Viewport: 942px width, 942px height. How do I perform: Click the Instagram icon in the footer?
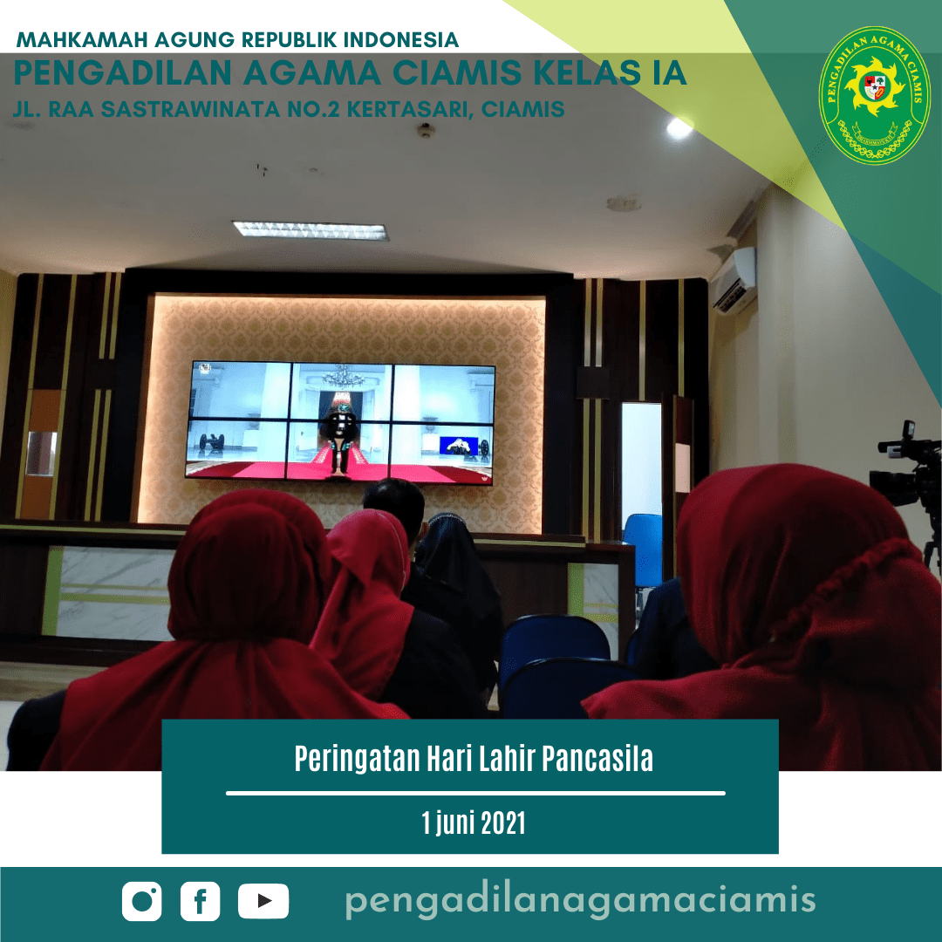point(142,901)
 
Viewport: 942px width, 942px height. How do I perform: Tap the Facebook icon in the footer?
point(200,901)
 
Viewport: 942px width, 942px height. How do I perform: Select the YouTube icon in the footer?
point(263,901)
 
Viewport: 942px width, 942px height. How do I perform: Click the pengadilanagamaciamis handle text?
point(580,899)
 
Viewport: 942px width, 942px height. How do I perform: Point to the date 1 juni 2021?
point(474,823)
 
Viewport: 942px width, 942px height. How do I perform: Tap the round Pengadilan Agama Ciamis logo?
point(875,96)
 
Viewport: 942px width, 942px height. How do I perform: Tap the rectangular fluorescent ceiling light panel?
point(310,230)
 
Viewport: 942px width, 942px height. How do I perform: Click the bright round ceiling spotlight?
point(679,127)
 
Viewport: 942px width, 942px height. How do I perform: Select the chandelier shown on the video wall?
point(343,377)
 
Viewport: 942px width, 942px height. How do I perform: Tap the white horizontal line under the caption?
point(475,793)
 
